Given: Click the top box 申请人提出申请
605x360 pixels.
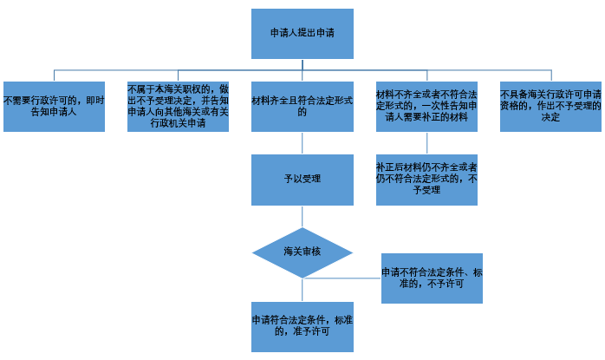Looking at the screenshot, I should tap(302, 33).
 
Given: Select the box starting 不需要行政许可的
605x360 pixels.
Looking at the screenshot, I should tap(54, 106).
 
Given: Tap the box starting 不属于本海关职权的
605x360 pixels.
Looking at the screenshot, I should tap(178, 106).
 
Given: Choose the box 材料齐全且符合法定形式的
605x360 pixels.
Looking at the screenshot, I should tap(302, 106).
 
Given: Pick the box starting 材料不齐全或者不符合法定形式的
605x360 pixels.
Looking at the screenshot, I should tap(426, 106).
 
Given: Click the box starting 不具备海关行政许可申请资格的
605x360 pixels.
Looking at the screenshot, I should tap(550, 106).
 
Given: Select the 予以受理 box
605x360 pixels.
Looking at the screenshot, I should tap(302, 179).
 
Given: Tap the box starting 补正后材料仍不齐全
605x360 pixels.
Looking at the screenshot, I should tap(426, 179).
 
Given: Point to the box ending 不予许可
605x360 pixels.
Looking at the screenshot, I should tap(432, 278).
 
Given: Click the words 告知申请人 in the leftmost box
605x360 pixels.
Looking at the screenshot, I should tap(54, 113).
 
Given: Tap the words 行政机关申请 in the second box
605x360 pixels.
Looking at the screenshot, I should tap(178, 123).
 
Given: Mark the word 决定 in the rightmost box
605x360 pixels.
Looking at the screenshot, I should tap(550, 117).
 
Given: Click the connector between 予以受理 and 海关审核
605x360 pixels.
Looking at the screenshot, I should tap(302, 216).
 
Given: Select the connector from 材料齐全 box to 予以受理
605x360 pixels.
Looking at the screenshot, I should tap(302, 142).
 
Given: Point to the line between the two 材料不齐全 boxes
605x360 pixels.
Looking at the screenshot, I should tap(426, 142).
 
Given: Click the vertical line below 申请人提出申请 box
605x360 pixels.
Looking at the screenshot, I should tap(302, 63).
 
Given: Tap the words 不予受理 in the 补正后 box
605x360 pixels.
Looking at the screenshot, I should tap(426, 189).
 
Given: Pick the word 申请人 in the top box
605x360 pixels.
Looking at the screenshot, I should tap(286, 33).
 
